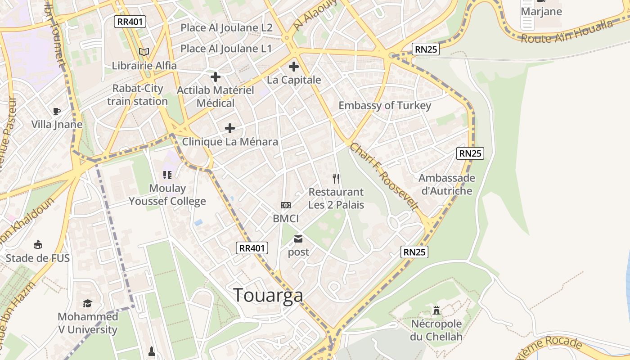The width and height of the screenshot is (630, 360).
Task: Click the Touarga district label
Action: (x=268, y=295)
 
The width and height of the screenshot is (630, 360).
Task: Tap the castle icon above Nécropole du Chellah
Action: (x=436, y=310)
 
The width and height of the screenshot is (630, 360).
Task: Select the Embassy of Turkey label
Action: (x=385, y=106)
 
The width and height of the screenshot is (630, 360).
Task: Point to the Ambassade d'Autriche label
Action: (x=446, y=184)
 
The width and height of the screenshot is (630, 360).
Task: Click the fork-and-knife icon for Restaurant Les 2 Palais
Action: (x=336, y=179)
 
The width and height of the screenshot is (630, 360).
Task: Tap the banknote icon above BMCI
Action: (x=286, y=205)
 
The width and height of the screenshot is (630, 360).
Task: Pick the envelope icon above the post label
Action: (x=298, y=239)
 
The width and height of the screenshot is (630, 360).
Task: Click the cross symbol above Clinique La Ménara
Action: (x=230, y=128)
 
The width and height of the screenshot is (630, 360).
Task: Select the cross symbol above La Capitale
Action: (x=294, y=67)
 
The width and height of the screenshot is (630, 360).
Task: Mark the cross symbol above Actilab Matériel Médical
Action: (x=216, y=76)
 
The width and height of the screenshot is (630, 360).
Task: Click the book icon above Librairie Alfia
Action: (x=144, y=52)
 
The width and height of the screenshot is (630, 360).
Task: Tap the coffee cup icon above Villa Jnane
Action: (x=57, y=111)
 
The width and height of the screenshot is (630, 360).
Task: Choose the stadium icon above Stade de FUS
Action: (x=38, y=245)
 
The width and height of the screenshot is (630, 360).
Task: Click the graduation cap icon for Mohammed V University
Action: (x=87, y=304)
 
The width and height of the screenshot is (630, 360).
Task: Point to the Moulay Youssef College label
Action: (x=167, y=195)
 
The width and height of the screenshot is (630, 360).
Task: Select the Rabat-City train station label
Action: (x=137, y=95)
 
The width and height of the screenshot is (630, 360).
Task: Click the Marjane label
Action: (x=541, y=11)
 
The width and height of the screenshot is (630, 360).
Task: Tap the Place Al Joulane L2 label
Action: (x=226, y=28)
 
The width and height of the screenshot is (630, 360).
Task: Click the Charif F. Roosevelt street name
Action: (x=384, y=176)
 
